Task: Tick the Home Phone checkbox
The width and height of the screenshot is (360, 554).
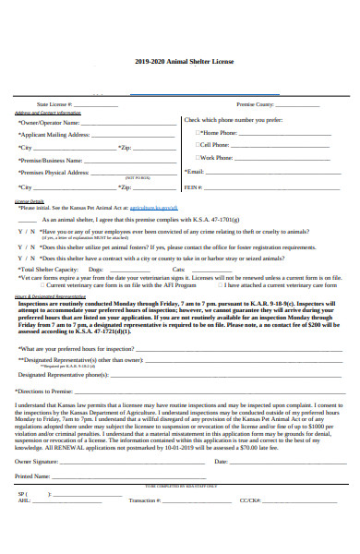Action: [197, 132]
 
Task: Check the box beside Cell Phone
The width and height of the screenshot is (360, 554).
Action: [197, 144]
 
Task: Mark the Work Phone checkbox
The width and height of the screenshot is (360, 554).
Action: [197, 157]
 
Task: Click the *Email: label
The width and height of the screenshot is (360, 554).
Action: [194, 172]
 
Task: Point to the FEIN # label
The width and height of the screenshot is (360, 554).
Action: [193, 187]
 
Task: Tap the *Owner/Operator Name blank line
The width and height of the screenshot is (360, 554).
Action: [128, 123]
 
